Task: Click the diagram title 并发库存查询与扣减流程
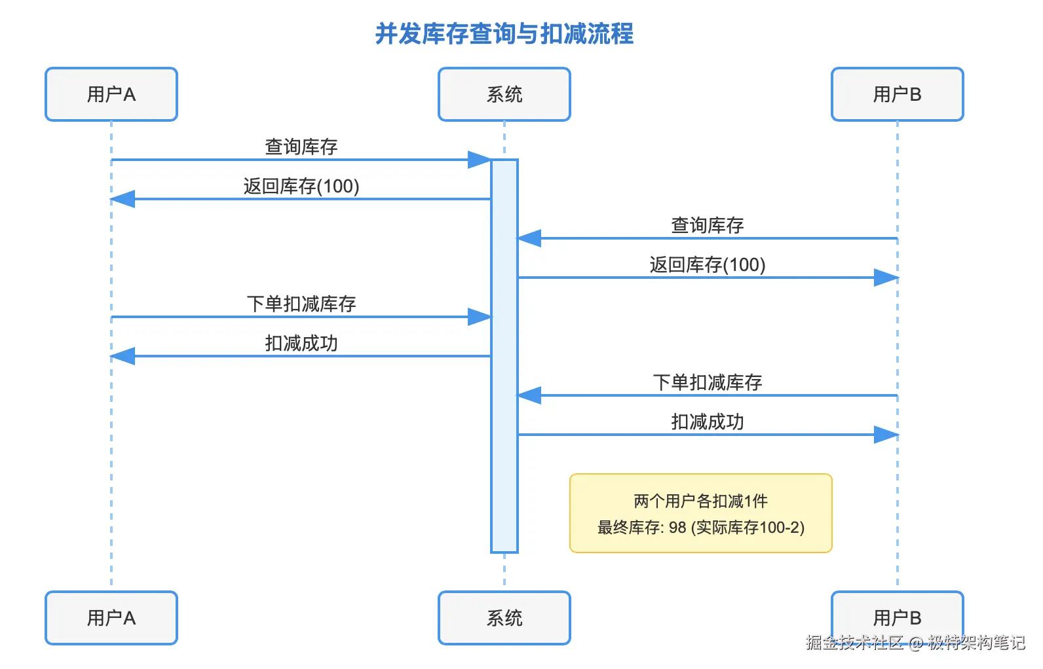click(x=504, y=34)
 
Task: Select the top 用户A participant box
click(x=111, y=94)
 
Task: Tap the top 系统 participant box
click(x=504, y=94)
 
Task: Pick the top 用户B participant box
click(x=897, y=94)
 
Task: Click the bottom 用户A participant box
click(x=111, y=617)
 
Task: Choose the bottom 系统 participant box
click(x=504, y=617)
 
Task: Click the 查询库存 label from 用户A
click(x=301, y=147)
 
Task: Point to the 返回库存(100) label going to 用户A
click(x=301, y=187)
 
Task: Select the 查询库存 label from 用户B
click(x=707, y=226)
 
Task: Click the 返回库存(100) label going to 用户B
click(x=707, y=265)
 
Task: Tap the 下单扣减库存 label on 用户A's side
click(x=301, y=304)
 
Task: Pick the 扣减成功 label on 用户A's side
click(x=301, y=343)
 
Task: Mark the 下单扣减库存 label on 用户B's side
click(x=707, y=382)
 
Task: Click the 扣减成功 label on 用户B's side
click(x=707, y=422)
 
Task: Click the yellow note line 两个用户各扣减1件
click(x=700, y=501)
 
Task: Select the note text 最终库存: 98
click(x=641, y=528)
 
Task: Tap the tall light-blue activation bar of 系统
click(x=504, y=458)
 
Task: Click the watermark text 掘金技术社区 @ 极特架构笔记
click(x=915, y=643)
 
